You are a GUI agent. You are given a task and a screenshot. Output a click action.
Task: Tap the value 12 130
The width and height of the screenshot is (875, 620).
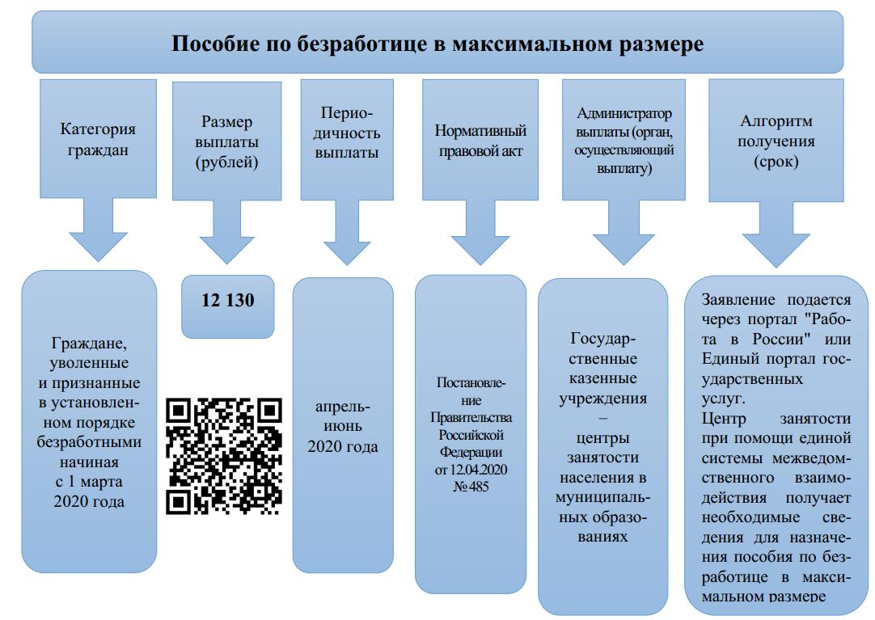[x=227, y=301]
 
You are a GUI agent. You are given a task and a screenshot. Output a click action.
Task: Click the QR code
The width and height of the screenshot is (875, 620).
[x=224, y=456]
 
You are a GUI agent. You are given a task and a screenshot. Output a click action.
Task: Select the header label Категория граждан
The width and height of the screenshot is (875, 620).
[x=98, y=139]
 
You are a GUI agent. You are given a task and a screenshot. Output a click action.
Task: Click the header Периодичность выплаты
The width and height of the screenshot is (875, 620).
[x=347, y=133]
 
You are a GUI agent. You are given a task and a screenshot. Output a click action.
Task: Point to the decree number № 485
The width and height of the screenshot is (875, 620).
[x=470, y=487]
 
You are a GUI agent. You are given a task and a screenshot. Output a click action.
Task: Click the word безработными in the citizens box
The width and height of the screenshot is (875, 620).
[x=89, y=442]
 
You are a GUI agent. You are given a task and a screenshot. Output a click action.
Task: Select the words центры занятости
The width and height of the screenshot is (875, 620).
[x=602, y=448]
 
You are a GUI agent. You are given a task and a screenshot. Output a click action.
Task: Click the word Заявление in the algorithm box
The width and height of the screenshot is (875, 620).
[x=733, y=299]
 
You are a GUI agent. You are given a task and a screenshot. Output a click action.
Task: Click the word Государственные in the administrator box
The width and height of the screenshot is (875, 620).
[x=602, y=348]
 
